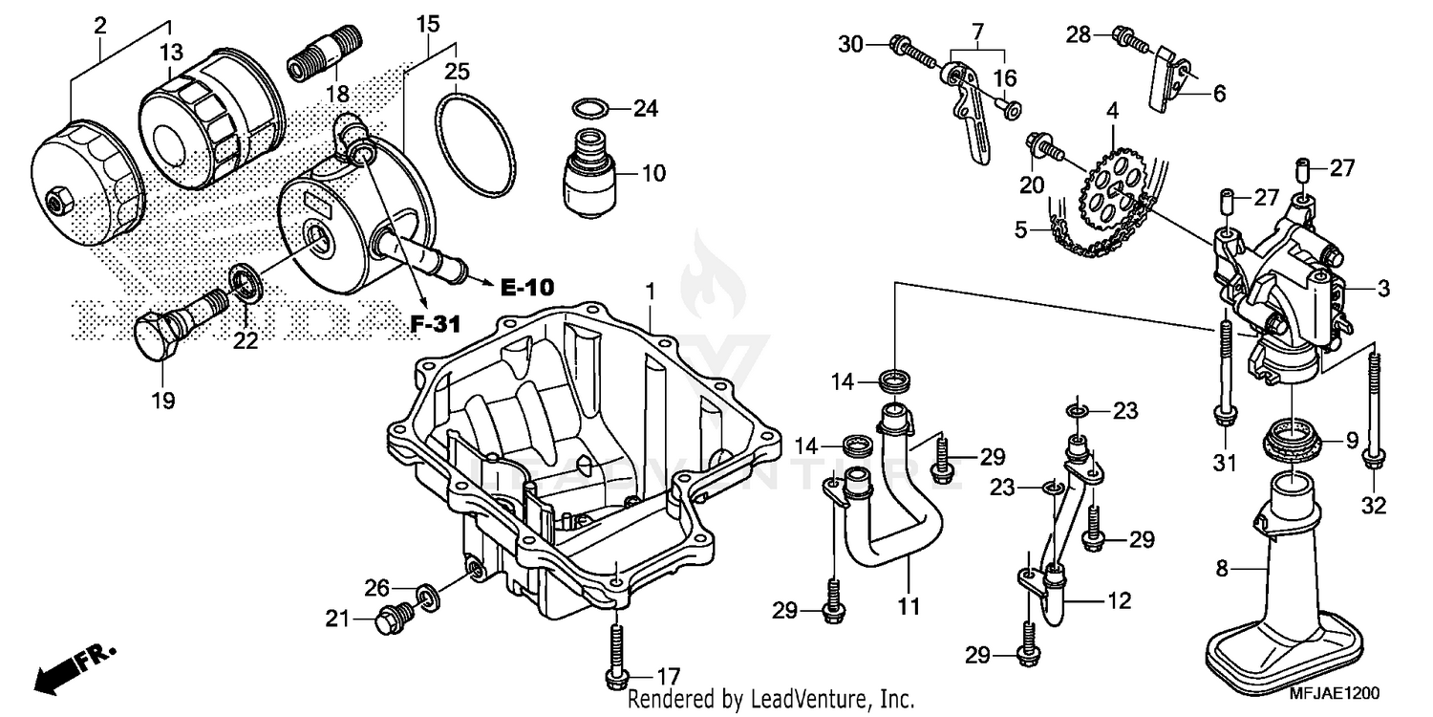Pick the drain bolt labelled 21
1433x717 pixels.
tap(391, 620)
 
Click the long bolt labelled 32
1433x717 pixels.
tap(1372, 411)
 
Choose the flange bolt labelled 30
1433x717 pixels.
tap(911, 48)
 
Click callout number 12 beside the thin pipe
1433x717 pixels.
tap(1120, 601)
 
